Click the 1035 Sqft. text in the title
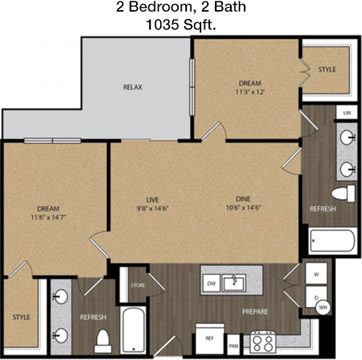181,25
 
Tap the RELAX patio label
132,87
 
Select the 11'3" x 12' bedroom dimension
251,92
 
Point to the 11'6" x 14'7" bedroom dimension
49,217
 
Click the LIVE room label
153,200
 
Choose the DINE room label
243,199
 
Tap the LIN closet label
347,113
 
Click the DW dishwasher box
211,283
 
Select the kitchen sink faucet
234,280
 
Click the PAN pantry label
233,346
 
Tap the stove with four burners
263,341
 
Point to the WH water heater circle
323,307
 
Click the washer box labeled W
316,273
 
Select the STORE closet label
138,285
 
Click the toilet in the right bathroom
343,193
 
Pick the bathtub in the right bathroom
332,240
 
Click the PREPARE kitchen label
255,311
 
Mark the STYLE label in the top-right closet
327,70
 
